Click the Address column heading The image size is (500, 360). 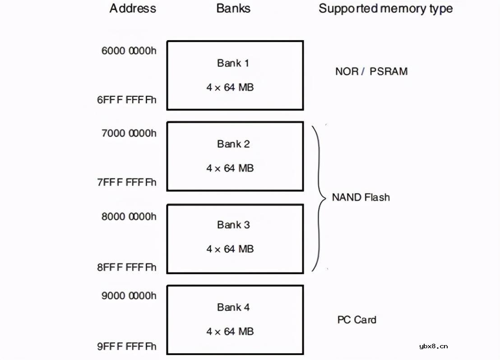(x=133, y=9)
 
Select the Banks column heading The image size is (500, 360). (x=233, y=9)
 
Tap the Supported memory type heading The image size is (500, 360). (x=385, y=9)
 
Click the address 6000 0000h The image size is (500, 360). (x=129, y=50)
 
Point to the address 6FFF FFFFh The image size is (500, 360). (x=127, y=100)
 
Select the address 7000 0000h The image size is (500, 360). (x=129, y=133)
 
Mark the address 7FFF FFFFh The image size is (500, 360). (x=127, y=182)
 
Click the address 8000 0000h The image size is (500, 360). (x=129, y=217)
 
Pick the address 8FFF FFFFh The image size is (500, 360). (x=127, y=267)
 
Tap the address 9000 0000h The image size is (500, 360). (x=129, y=295)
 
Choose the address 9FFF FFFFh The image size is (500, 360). (x=127, y=346)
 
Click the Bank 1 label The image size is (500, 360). (x=233, y=63)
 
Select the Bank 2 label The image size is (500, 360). (x=233, y=144)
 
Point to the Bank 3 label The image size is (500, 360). (x=233, y=225)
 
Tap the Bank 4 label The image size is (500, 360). (x=233, y=307)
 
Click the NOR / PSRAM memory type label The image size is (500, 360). (x=371, y=71)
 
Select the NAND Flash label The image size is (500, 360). (x=361, y=197)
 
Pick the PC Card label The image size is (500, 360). (x=356, y=320)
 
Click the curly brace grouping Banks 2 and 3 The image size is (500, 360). (x=319, y=198)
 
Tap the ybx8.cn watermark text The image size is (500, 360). (x=433, y=346)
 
